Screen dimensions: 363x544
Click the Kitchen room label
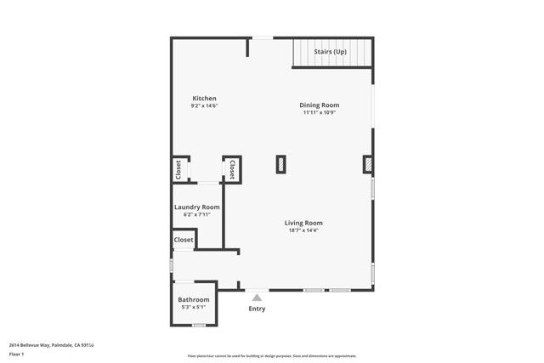(x=204, y=98)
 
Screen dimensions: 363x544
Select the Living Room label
(x=303, y=223)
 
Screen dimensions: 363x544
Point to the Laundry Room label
(x=197, y=207)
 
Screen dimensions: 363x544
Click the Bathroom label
(x=193, y=300)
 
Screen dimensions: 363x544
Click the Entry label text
(x=257, y=309)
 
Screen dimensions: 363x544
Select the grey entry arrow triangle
(x=257, y=297)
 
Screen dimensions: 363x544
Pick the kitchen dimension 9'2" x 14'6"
(x=204, y=105)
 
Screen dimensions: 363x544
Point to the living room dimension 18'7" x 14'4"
(x=303, y=230)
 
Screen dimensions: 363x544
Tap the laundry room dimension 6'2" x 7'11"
(x=197, y=215)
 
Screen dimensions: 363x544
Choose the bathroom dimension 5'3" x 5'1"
(x=193, y=308)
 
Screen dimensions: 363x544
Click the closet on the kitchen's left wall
(x=178, y=169)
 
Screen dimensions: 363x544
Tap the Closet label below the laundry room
(x=184, y=240)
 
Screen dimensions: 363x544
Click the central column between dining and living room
(x=280, y=164)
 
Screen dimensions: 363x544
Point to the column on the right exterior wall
(x=369, y=164)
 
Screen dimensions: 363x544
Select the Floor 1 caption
(x=15, y=352)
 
